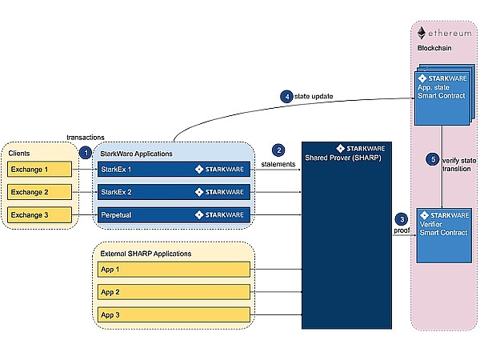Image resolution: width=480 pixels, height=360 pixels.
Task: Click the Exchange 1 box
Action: click(x=39, y=170)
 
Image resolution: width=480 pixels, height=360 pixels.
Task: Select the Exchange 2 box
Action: click(x=39, y=192)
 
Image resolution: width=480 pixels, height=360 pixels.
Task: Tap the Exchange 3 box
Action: click(x=39, y=214)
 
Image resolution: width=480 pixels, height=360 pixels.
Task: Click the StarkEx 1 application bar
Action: click(x=172, y=170)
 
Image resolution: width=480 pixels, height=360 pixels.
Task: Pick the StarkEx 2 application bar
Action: click(x=172, y=192)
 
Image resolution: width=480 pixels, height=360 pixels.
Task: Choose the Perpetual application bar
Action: click(x=172, y=214)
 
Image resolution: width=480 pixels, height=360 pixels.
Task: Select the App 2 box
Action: click(x=172, y=292)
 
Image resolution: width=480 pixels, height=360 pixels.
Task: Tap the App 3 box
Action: click(x=172, y=314)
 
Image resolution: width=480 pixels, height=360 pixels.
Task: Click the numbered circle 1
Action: click(x=85, y=153)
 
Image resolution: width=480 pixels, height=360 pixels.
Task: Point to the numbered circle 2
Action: click(x=278, y=150)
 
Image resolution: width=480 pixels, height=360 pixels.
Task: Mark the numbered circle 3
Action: click(x=402, y=218)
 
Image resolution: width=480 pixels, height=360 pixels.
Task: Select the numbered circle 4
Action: click(x=286, y=96)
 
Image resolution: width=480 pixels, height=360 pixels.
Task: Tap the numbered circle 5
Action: click(x=434, y=159)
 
